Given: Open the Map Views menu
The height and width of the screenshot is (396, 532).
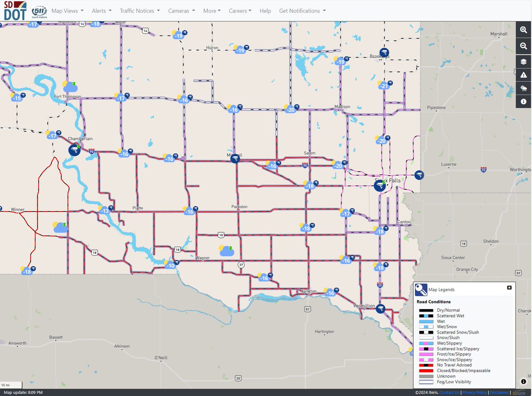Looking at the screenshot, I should point(67,11).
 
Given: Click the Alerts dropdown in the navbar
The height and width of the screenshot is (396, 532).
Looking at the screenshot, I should point(102,11).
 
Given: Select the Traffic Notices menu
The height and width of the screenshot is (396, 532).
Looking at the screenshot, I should point(140,11).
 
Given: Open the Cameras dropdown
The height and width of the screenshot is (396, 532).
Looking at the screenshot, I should point(181,11).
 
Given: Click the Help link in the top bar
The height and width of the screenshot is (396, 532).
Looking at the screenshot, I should point(265,11).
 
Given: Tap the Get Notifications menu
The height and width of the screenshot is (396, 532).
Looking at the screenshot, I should point(302,11).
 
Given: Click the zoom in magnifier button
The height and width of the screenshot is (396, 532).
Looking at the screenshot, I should point(524,30).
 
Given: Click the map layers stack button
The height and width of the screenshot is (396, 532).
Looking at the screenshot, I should point(524,60).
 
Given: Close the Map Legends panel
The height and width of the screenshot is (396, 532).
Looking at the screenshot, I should point(509,288).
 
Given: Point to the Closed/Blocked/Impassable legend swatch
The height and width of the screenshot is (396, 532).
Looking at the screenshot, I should point(426,371).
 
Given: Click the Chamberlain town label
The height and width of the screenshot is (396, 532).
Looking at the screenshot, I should point(80,139).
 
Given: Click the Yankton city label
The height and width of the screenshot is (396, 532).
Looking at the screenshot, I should point(308,291).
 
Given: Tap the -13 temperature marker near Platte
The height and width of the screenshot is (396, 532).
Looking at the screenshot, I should point(105,211).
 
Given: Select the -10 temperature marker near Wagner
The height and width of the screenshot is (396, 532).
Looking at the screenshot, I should point(170,265).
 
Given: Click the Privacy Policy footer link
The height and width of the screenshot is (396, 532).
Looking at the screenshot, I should point(475,392).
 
